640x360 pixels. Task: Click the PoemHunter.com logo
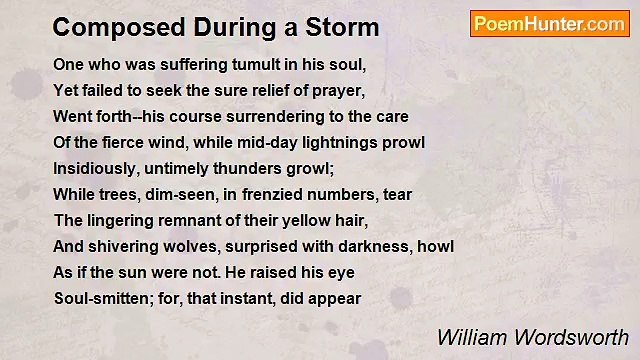click(549, 24)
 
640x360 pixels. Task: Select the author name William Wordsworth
click(533, 337)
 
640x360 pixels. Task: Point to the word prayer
click(338, 89)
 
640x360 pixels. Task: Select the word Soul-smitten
click(97, 298)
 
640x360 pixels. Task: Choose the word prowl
click(405, 143)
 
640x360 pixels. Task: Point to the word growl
click(309, 168)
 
